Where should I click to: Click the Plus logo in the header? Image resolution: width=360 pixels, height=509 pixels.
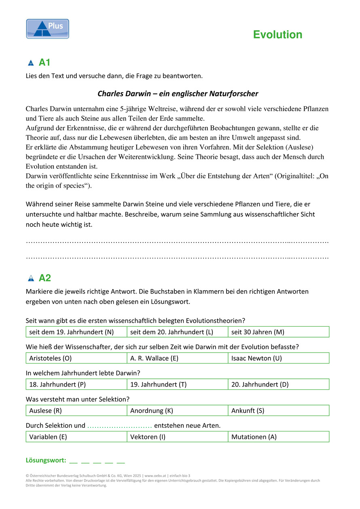47,29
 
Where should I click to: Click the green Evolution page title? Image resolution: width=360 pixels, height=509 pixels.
277,35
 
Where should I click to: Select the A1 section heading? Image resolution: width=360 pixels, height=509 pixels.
44,63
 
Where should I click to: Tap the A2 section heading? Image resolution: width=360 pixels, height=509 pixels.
44,278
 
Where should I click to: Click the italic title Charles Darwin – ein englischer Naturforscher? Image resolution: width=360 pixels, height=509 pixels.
178,94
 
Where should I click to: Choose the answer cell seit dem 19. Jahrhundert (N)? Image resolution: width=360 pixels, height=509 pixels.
76,332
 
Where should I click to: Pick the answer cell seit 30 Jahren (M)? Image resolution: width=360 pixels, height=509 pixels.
278,332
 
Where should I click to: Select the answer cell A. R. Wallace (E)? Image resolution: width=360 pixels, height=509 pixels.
177,358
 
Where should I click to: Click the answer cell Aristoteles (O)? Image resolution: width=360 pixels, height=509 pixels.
76,358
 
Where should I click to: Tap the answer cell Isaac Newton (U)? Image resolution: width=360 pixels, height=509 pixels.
278,358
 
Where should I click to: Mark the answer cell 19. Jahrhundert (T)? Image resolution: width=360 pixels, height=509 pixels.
177,384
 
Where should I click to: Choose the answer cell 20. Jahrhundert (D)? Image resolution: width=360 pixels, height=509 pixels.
278,384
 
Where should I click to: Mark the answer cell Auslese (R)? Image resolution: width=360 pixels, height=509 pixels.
76,411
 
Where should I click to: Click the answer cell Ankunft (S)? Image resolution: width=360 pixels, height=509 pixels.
278,411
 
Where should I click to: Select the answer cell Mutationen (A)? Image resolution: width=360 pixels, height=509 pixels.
278,437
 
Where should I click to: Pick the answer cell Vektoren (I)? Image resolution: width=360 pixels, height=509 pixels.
177,437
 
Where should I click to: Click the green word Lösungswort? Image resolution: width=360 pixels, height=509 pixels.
46,460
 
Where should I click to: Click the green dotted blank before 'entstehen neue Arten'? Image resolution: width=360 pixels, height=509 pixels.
119,426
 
